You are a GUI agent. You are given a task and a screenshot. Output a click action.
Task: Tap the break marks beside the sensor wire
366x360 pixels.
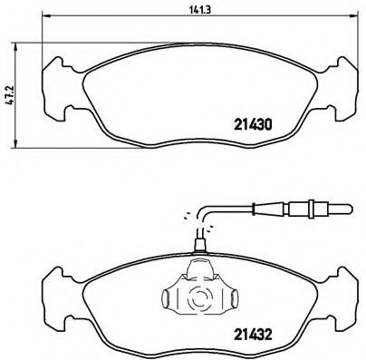tap(187, 216)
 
